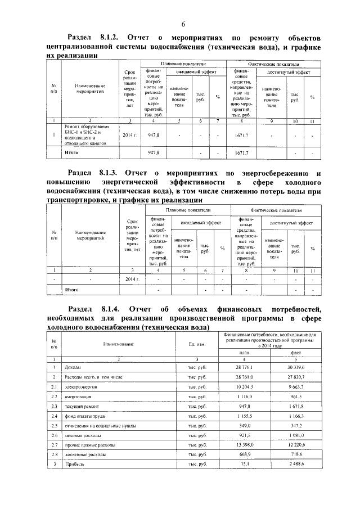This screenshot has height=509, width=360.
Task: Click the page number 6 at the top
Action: click(183, 23)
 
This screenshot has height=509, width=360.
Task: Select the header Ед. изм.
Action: click(197, 343)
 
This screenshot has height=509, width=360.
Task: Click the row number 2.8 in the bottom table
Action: click(54, 454)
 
